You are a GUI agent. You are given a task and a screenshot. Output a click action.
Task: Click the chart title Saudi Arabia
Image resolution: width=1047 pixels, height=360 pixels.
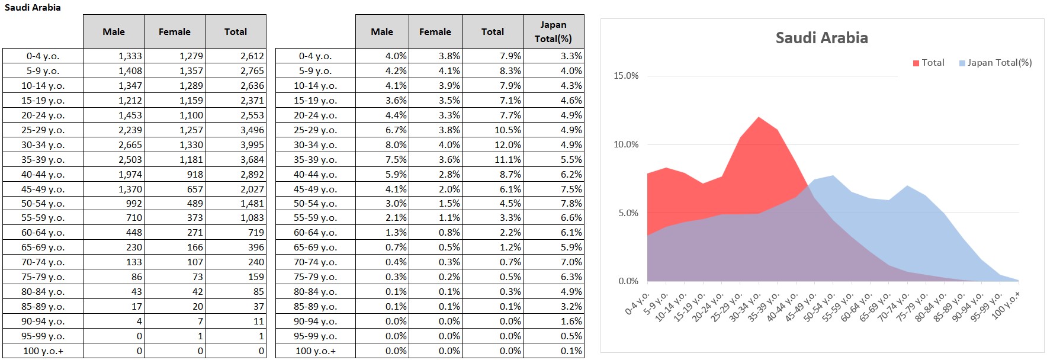(x=821, y=38)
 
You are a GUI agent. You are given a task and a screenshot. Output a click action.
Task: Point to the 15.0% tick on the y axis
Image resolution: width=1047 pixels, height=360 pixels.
(x=626, y=76)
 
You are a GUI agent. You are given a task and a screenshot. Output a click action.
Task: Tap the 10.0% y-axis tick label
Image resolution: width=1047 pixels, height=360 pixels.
(x=626, y=144)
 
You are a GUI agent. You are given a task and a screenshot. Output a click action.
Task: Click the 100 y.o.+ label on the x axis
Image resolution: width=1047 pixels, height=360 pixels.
(x=1006, y=305)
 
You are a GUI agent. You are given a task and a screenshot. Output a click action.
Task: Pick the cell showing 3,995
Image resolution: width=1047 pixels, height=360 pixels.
(x=252, y=144)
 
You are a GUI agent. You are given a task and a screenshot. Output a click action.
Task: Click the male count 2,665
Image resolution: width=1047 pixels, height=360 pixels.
(x=130, y=144)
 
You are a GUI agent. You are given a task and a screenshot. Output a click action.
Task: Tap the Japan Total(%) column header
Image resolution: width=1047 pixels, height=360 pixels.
(x=553, y=31)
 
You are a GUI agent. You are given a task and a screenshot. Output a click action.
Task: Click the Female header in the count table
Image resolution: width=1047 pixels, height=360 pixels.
(x=174, y=32)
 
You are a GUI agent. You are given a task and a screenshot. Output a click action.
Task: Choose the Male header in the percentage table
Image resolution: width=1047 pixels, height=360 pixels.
(x=381, y=32)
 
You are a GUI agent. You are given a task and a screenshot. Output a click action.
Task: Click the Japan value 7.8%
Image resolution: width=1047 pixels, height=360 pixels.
(x=571, y=203)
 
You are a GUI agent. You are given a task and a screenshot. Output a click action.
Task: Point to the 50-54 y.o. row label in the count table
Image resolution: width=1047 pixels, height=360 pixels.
(x=43, y=203)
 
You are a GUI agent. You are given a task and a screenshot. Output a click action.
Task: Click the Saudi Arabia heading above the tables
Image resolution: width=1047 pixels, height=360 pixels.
(x=33, y=8)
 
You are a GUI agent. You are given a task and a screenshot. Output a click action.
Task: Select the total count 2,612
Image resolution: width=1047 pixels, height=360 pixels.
(x=252, y=56)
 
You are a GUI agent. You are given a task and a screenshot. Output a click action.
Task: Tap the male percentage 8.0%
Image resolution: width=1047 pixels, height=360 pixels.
(x=396, y=144)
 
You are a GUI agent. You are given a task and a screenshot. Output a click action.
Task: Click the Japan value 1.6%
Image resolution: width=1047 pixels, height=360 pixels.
(x=571, y=321)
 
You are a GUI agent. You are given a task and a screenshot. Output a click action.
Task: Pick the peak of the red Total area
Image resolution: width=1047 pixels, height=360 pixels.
(x=759, y=118)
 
